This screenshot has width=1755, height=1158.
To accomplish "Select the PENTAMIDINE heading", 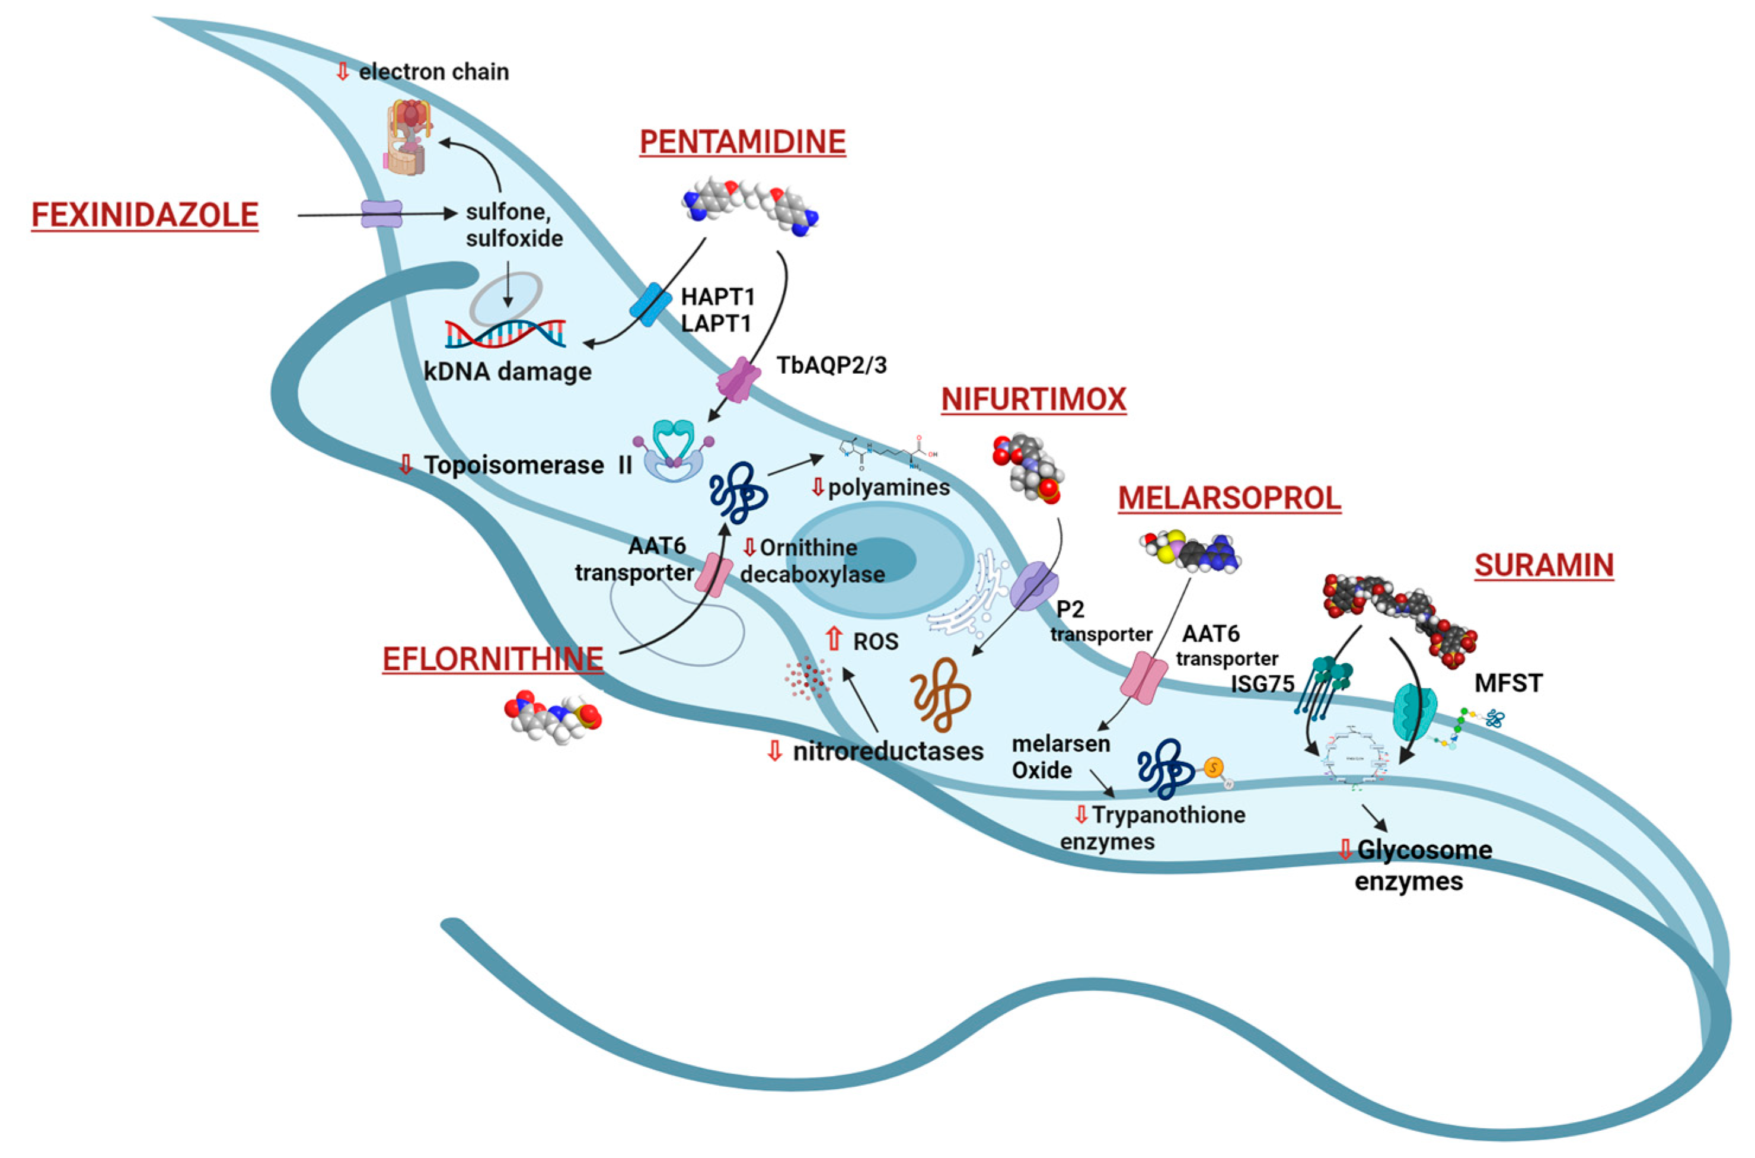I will (x=742, y=142).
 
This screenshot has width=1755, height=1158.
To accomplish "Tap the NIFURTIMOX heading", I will (x=1033, y=399).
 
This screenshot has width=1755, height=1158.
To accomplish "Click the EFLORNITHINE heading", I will (x=492, y=658).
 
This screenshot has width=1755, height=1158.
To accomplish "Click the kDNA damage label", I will (x=508, y=371).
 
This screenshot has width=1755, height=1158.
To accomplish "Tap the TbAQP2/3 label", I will (x=831, y=364).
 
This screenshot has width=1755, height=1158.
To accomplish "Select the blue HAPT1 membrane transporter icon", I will (x=650, y=304).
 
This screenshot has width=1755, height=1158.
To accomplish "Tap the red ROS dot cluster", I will (x=808, y=677).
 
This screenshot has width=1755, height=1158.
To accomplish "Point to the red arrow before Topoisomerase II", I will (x=405, y=465).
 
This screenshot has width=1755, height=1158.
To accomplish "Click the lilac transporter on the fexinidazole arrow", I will (x=382, y=214).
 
